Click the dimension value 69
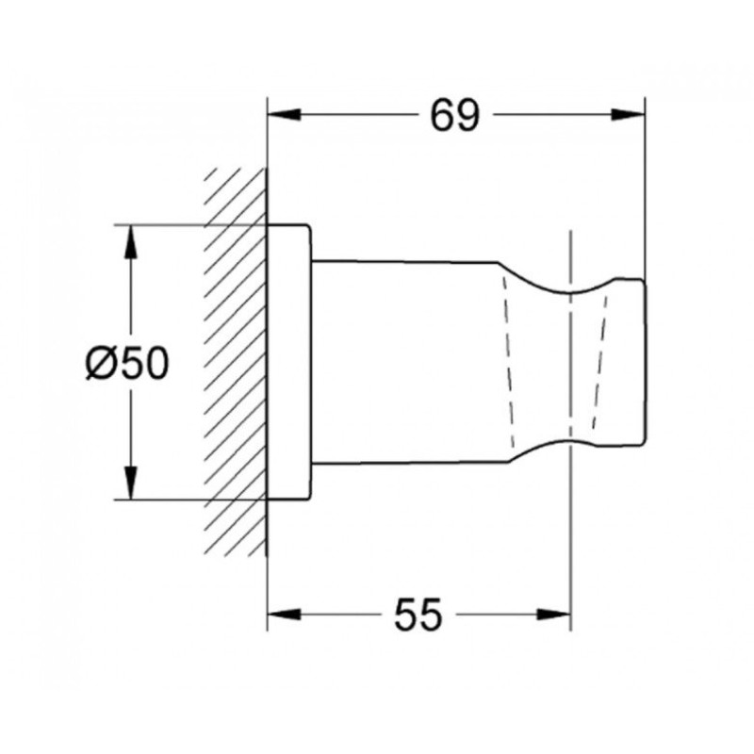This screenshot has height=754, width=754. click(455, 116)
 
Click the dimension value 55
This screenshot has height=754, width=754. click(418, 615)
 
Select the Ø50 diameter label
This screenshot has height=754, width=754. click(127, 364)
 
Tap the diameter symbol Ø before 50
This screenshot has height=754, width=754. click(101, 364)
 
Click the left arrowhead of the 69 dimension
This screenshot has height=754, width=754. click(285, 115)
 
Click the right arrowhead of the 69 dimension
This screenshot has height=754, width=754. click(628, 115)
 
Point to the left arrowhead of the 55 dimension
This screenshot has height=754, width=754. click(285, 615)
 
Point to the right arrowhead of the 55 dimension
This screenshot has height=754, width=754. click(554, 615)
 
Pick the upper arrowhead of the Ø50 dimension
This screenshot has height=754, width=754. click(130, 242)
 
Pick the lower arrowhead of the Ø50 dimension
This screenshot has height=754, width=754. click(130, 484)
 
